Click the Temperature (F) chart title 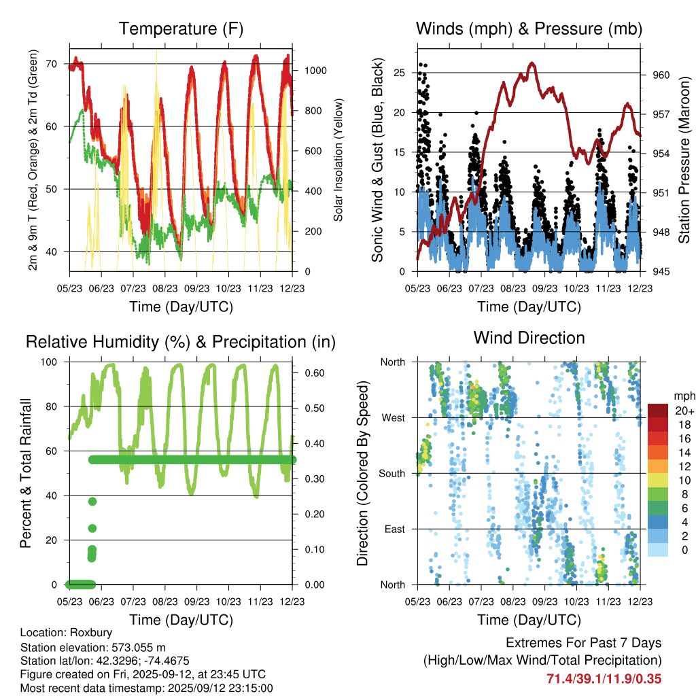coord(181,29)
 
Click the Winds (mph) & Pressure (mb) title coord(529,29)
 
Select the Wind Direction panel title coord(529,338)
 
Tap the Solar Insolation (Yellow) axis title coord(338,160)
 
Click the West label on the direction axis coord(392,417)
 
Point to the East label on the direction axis coord(394,529)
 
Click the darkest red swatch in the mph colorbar coord(658,411)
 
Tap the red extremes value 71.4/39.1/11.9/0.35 coord(604,678)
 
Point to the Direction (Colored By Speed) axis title coord(362,473)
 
